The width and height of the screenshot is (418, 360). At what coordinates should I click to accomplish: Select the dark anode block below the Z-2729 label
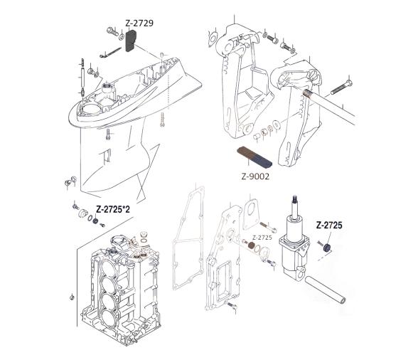[x=132, y=43]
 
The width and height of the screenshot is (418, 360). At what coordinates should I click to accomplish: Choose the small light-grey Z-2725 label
[x=262, y=237]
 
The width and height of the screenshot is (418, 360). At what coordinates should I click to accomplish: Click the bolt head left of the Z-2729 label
[x=110, y=31]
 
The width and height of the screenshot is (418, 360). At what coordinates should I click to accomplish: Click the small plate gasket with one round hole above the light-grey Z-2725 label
[x=250, y=209]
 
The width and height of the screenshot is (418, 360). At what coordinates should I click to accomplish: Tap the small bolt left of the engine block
[x=73, y=294]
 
